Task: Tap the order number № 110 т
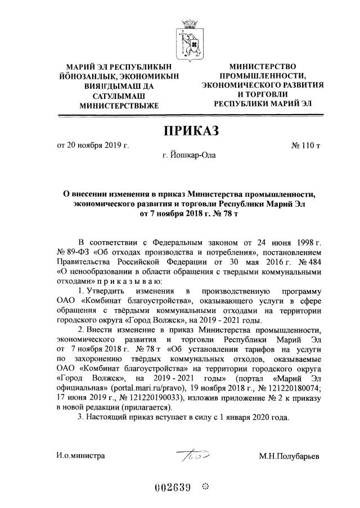[306, 146]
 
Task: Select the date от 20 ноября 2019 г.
[93, 146]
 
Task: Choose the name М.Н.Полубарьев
[289, 456]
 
